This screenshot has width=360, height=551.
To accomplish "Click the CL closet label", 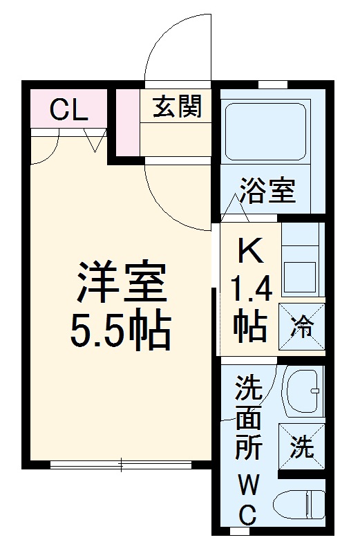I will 69,111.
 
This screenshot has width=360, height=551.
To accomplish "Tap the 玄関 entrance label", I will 177,108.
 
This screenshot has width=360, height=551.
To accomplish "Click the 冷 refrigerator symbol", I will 302,327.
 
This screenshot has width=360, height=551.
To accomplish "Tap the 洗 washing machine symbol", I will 301,449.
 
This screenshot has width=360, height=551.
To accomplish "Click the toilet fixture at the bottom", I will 300,506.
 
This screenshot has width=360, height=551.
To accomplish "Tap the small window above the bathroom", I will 272,84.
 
